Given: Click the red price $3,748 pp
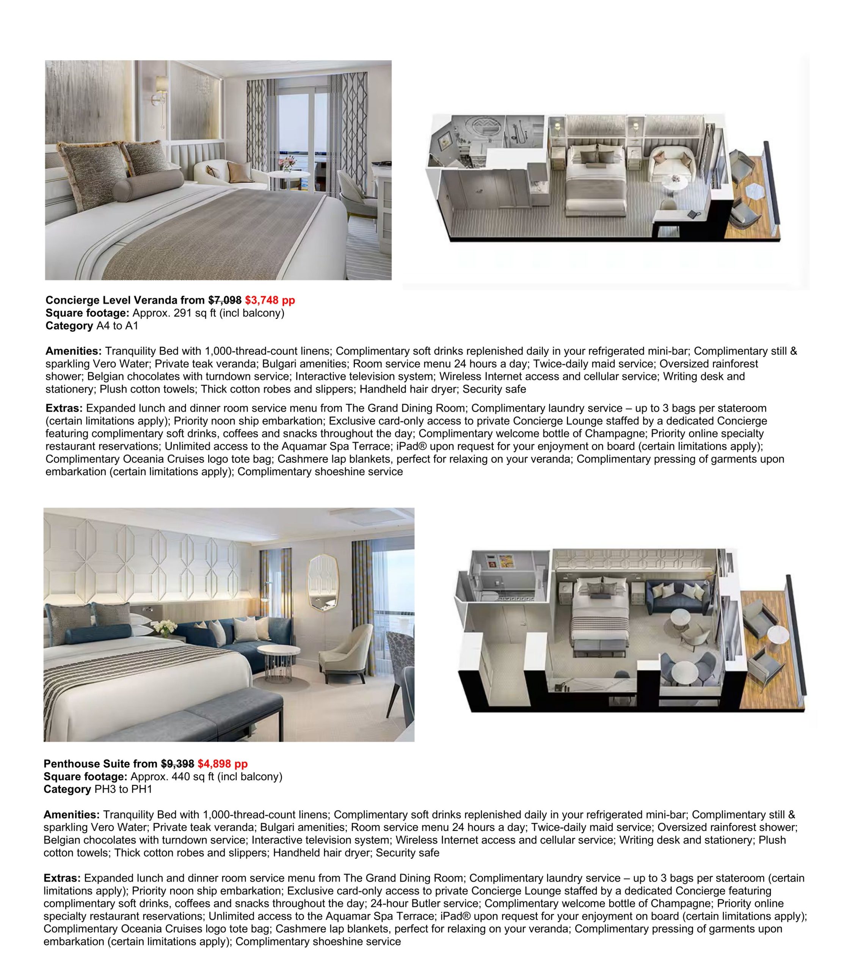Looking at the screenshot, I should (270, 300).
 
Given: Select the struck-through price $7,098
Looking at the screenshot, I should (225, 300).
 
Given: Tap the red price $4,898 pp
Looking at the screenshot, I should (222, 764).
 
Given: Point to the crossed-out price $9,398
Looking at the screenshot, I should (177, 764).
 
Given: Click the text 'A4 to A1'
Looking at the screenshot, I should (117, 325).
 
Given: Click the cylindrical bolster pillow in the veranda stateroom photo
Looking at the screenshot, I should (148, 185).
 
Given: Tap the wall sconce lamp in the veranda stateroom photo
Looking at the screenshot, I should (160, 97).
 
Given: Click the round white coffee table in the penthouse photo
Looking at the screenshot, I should (282, 654).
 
